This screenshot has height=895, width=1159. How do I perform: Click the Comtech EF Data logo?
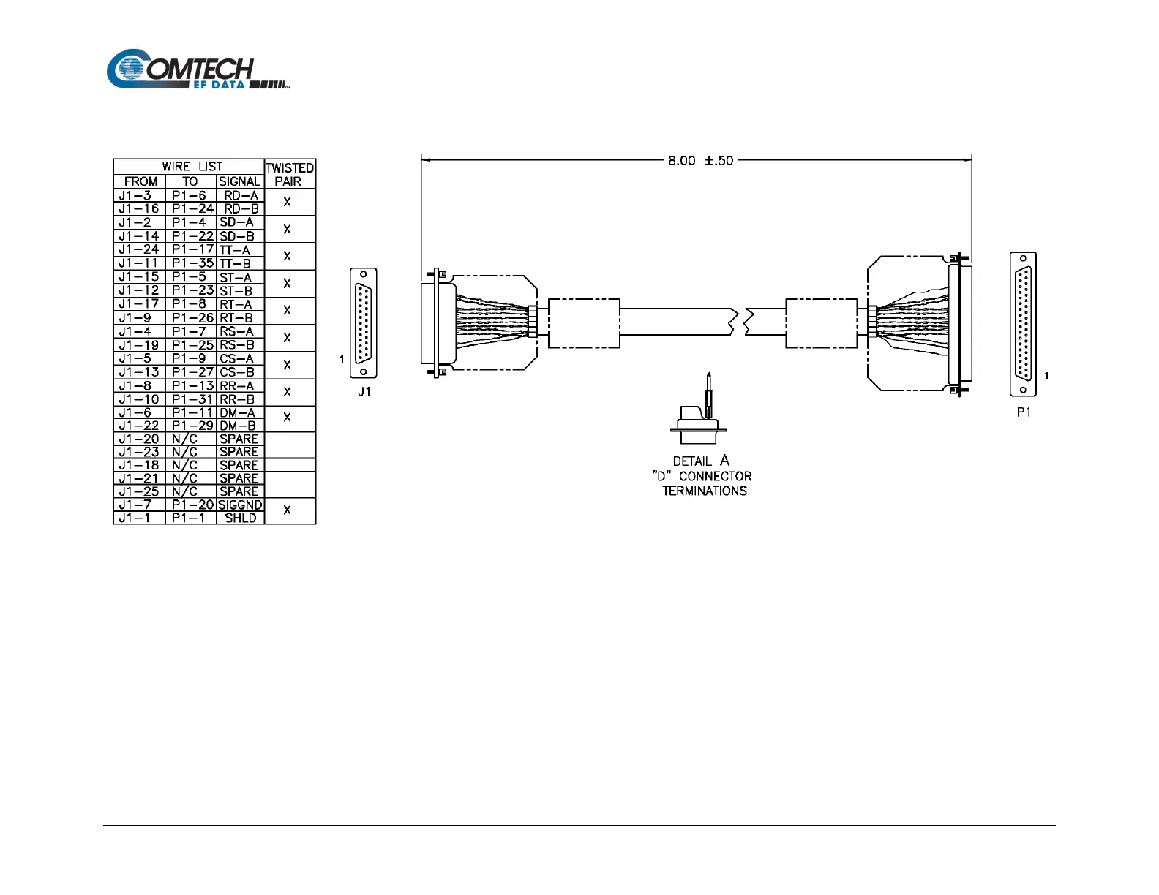(198, 69)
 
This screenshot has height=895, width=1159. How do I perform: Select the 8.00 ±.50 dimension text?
(700, 160)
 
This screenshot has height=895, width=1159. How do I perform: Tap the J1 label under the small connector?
(364, 392)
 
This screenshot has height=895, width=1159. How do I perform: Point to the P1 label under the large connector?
(1023, 412)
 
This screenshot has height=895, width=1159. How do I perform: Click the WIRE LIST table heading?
(192, 166)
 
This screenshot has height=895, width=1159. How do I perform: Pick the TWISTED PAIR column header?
(290, 174)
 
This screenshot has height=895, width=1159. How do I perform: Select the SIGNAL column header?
(239, 181)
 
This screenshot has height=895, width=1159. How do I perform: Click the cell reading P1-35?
(192, 263)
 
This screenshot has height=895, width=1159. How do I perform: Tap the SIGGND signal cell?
(240, 505)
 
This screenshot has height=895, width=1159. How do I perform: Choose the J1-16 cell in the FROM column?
(139, 208)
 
